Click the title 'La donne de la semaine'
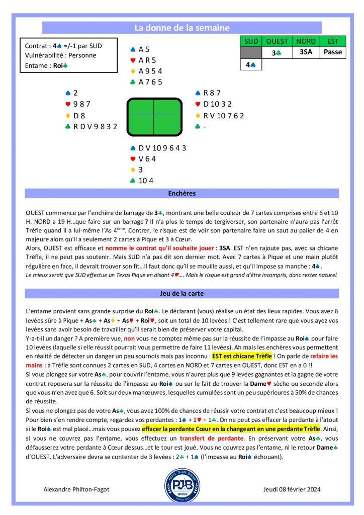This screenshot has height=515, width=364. [x=182, y=28]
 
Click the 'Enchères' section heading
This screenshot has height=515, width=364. [x=182, y=193]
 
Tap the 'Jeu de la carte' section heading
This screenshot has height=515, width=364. [x=182, y=293]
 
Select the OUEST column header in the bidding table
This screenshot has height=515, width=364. [x=277, y=41]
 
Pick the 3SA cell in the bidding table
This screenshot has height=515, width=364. [x=307, y=52]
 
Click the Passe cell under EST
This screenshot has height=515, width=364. [x=333, y=52]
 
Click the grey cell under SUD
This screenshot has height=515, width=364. [x=252, y=52]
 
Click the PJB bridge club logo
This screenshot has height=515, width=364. [x=182, y=486]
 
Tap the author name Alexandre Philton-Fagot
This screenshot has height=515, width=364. [x=76, y=489]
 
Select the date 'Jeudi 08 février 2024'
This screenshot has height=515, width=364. [x=292, y=489]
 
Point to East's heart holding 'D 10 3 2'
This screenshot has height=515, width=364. [x=215, y=104]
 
